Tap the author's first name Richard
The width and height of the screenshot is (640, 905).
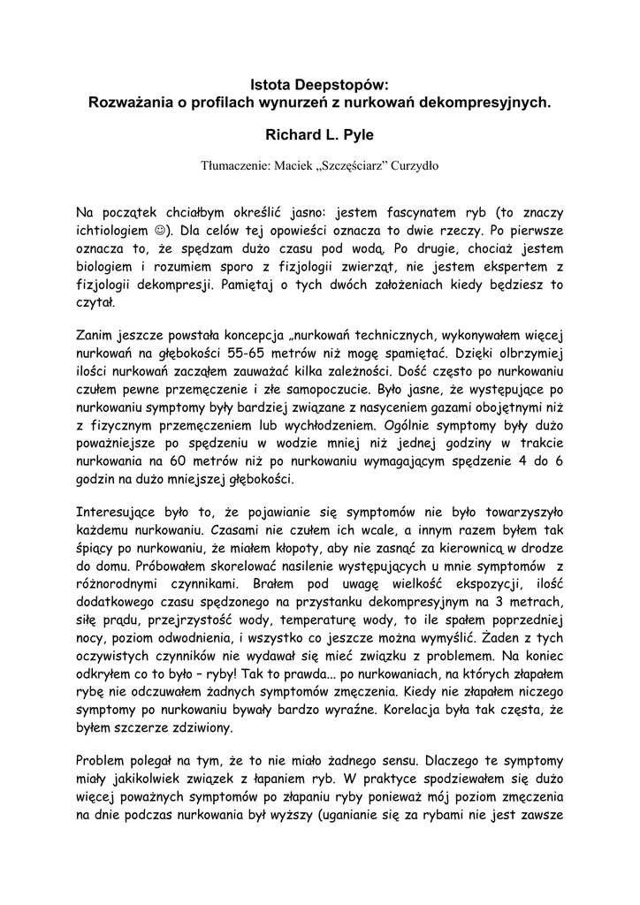point(296,136)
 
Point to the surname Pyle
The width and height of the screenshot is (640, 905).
point(358,136)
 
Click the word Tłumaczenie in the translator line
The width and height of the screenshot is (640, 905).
point(235,165)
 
